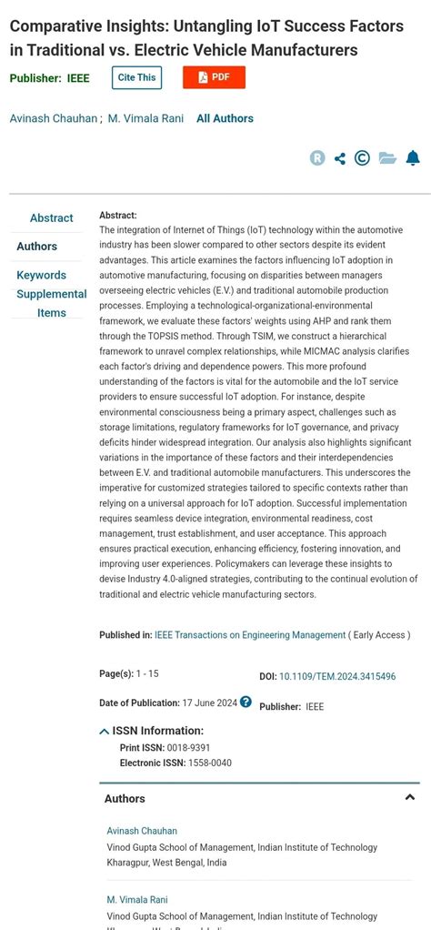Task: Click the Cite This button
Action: tap(136, 77)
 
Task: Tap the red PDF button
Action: tap(214, 77)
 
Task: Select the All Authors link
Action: tap(225, 118)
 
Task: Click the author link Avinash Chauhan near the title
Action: tap(53, 118)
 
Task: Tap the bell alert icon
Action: tap(413, 158)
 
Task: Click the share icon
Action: tap(340, 158)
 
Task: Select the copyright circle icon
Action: tap(362, 158)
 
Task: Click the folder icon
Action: tap(387, 158)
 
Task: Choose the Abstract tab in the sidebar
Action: tap(51, 218)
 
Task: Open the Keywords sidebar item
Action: tap(42, 275)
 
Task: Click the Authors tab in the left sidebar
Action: tap(37, 247)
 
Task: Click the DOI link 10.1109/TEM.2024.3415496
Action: tap(337, 677)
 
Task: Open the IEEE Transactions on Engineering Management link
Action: tap(250, 635)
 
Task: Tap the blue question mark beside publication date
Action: tap(246, 703)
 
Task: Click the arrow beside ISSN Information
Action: tap(105, 731)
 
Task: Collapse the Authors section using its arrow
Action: tap(409, 798)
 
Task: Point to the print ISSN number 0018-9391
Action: tap(188, 748)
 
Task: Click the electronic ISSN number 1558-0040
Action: tap(209, 763)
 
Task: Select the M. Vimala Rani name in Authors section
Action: tap(137, 900)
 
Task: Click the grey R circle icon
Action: tap(317, 158)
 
